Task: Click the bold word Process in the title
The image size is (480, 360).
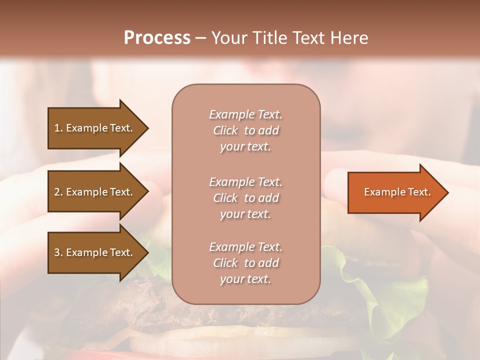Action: pos(157,37)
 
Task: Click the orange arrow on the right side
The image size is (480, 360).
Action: pos(395,192)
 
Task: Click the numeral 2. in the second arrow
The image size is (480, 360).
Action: pos(58,192)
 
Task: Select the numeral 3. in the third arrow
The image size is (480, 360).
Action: pos(58,252)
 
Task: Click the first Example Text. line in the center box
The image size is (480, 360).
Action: pos(245,114)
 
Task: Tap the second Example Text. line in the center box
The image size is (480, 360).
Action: pos(245,182)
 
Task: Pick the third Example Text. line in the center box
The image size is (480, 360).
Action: pos(245,247)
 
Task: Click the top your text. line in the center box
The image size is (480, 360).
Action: pos(245,147)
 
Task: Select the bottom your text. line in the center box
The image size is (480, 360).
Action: pos(245,279)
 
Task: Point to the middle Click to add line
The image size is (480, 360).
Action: pos(245,198)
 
